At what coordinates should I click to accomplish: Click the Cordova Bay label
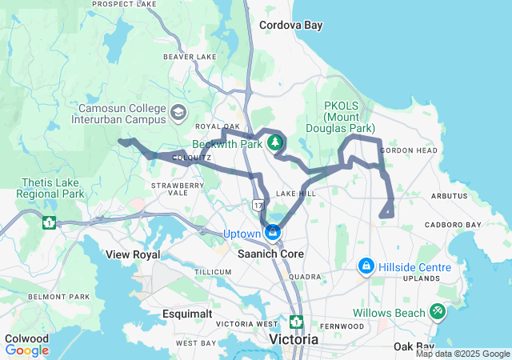click(x=290, y=25)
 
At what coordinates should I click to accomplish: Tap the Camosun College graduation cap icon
click(x=177, y=112)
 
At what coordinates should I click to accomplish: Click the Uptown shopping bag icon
click(x=274, y=233)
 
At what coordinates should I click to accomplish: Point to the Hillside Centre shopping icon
click(x=366, y=264)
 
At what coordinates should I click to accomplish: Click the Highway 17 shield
click(x=258, y=206)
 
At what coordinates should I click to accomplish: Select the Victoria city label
click(x=294, y=339)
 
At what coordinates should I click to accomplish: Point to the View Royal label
click(x=133, y=254)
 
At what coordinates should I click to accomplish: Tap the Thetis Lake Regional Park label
click(x=50, y=188)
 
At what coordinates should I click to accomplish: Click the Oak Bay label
click(x=414, y=346)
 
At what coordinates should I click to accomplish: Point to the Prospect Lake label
click(x=124, y=4)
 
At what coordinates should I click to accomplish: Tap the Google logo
click(x=27, y=350)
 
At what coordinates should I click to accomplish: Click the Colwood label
click(x=26, y=338)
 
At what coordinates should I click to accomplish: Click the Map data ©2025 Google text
click(x=462, y=354)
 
